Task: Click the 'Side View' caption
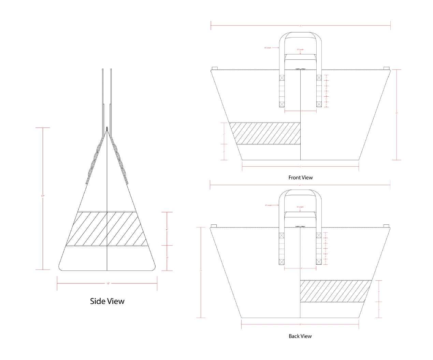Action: click(x=107, y=301)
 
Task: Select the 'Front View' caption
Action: click(x=300, y=178)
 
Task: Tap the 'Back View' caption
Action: click(x=300, y=336)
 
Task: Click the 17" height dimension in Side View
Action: click(x=43, y=196)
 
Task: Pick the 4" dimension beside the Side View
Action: click(x=167, y=230)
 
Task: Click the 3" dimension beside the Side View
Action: click(x=167, y=258)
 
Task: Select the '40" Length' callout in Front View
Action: click(x=268, y=48)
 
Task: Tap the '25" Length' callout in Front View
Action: click(x=300, y=50)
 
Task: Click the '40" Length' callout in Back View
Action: click(x=268, y=205)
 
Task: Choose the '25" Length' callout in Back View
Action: click(x=300, y=207)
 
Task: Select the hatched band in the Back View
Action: click(x=334, y=291)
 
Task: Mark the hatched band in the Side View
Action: click(x=107, y=229)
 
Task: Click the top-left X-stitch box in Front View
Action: click(x=282, y=78)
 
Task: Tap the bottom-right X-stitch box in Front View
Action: click(x=319, y=104)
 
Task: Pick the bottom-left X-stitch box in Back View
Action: click(x=282, y=262)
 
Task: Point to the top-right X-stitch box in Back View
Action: click(x=319, y=235)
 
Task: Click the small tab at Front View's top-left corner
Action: click(x=215, y=68)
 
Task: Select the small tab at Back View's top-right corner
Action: click(x=386, y=226)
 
